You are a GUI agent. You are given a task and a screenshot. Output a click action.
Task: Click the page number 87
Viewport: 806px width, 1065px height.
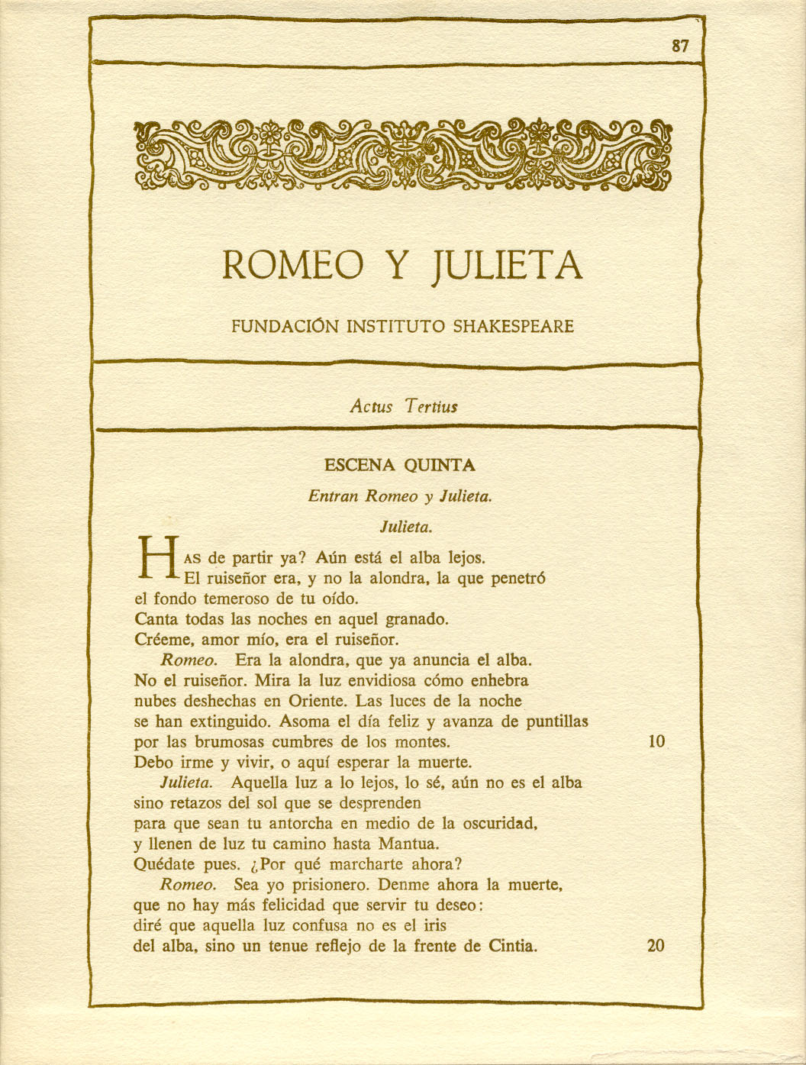(680, 46)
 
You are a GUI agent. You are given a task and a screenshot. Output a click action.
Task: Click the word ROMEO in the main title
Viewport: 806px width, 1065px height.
(292, 265)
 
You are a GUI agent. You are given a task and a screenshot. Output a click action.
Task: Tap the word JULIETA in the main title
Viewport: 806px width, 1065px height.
(507, 265)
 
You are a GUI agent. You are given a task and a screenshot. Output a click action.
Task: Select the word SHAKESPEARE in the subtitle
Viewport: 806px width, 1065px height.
(514, 327)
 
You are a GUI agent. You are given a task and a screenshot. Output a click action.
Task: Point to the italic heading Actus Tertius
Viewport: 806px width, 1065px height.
(403, 406)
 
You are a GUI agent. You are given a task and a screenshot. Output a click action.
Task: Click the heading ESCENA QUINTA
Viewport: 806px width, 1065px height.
(399, 465)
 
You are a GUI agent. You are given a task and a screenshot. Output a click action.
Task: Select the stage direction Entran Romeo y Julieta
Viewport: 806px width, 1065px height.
(399, 496)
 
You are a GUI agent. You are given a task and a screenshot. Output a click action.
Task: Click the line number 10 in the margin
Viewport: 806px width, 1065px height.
(656, 741)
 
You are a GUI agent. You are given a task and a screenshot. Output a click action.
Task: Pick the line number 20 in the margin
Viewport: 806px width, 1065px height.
(656, 946)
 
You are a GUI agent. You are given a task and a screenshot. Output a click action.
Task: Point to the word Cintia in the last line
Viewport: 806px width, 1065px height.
(511, 947)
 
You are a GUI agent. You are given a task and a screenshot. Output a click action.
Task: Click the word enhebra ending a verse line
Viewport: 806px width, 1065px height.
(498, 680)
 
